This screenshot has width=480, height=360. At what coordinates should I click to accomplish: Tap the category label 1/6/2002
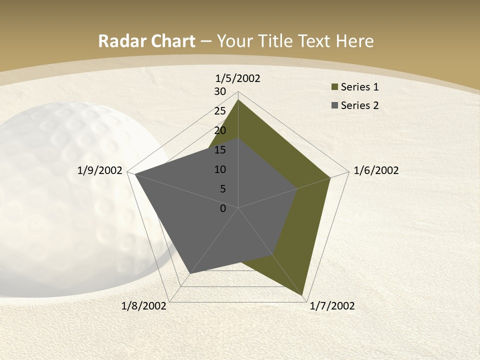tap(376, 170)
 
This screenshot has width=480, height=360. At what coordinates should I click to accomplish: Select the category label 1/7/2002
tap(332, 306)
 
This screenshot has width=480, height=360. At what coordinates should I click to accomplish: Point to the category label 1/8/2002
tap(144, 306)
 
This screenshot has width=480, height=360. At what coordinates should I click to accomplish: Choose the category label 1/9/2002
tap(100, 170)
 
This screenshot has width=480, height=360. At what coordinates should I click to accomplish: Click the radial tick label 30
tap(220, 91)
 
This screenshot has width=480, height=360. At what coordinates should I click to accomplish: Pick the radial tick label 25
tap(220, 111)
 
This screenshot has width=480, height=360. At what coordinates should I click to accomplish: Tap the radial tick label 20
tap(220, 130)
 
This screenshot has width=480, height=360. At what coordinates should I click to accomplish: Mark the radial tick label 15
tap(220, 150)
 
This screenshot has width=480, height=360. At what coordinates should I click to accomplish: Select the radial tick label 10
tap(220, 169)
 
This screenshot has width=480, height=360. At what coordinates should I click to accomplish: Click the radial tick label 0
tap(223, 208)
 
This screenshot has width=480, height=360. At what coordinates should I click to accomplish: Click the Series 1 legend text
tap(359, 87)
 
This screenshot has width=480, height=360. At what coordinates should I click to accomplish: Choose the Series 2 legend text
tap(359, 105)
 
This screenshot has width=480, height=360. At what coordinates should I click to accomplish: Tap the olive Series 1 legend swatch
tap(334, 87)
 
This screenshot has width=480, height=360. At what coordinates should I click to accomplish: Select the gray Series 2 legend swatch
tap(334, 105)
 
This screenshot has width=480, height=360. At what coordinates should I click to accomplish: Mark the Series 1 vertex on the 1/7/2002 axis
tap(303, 295)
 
